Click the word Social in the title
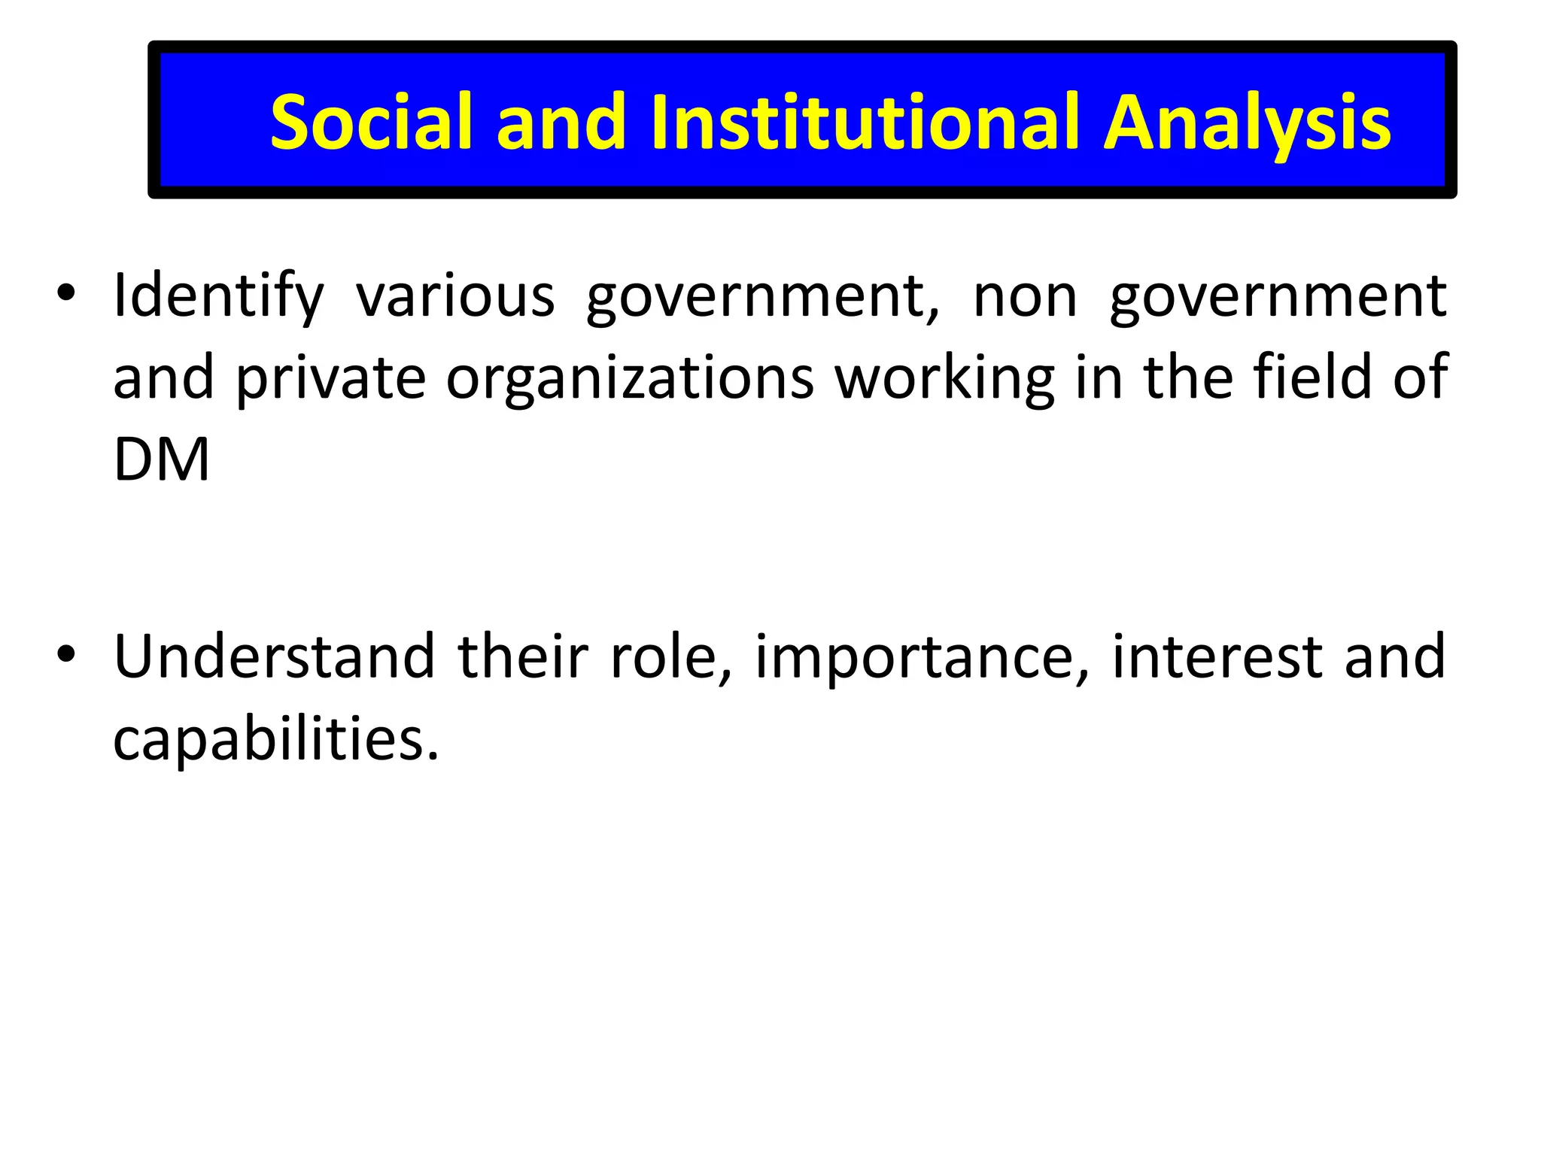[x=371, y=122]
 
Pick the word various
[x=455, y=296]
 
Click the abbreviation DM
[x=161, y=459]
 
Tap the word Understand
[x=275, y=656]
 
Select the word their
[x=523, y=656]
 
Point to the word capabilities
[x=275, y=740]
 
